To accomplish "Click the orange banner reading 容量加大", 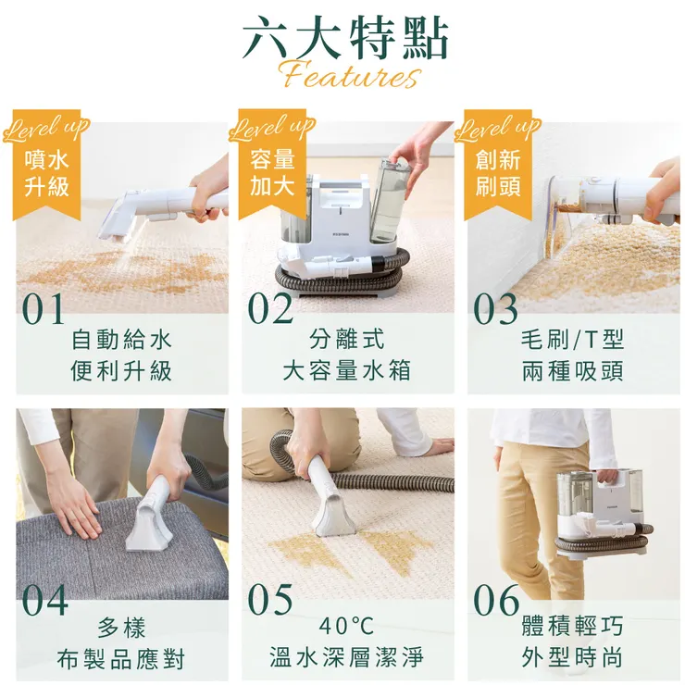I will point(272,172).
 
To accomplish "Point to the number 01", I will point(44,310).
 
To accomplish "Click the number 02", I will point(270,310).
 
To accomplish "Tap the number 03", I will point(496,310).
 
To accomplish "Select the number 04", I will point(44,600).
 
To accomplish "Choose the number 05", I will point(270,600).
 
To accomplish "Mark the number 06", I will point(496,600).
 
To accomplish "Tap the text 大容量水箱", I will point(346,371).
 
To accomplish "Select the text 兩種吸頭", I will point(572,371).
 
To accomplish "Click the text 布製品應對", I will point(121,659).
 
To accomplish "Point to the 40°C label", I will point(346,627).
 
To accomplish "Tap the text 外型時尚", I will point(572,659).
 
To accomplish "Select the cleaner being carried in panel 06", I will point(602,509).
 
